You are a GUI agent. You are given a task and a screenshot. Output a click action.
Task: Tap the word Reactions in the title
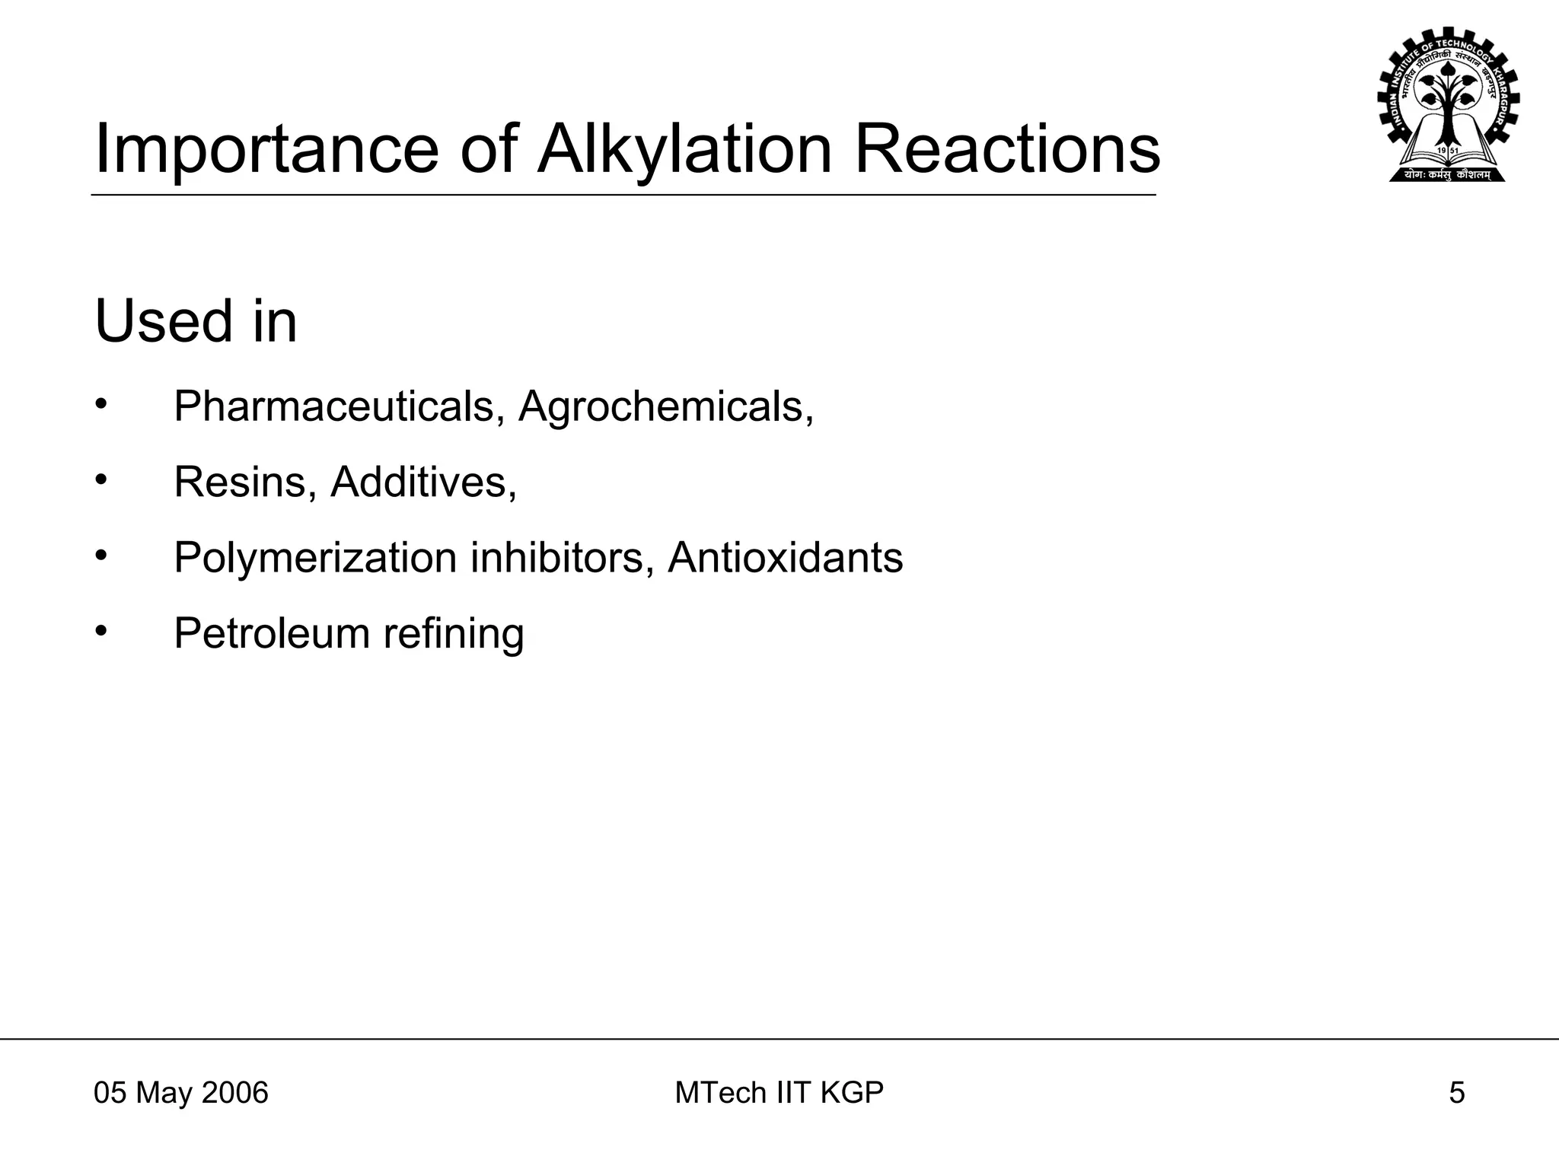click(1007, 150)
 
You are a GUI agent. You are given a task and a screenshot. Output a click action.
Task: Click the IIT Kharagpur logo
click(1448, 106)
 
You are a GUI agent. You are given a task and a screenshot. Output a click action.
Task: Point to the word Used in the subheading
click(164, 321)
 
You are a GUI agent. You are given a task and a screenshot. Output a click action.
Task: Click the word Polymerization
click(315, 558)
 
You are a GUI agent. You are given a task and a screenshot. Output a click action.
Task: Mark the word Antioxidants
click(785, 558)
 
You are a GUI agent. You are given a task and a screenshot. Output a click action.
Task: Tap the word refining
click(454, 633)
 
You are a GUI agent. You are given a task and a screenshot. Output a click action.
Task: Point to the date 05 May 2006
click(181, 1093)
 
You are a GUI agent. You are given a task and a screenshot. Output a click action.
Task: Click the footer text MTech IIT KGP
click(779, 1093)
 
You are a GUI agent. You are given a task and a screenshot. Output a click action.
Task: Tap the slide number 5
click(1456, 1093)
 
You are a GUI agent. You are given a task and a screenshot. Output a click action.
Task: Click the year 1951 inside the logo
click(1448, 151)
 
